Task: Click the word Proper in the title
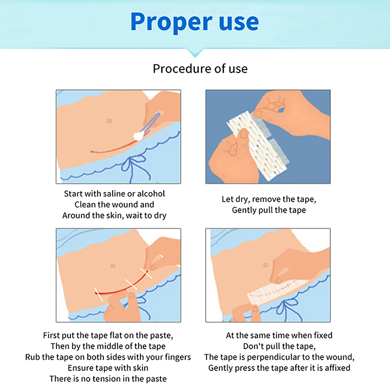(x=172, y=22)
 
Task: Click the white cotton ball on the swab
(x=139, y=136)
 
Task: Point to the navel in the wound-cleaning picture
(x=109, y=121)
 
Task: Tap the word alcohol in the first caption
(x=151, y=194)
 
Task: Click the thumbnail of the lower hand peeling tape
(x=243, y=134)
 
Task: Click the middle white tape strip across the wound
(x=131, y=284)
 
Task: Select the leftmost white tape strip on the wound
(x=98, y=294)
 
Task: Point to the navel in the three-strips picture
(x=113, y=266)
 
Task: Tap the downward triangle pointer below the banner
(x=195, y=53)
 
